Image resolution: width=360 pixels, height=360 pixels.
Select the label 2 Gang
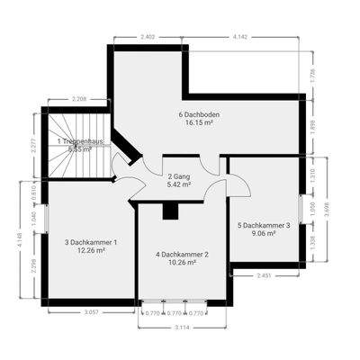(x=180, y=175)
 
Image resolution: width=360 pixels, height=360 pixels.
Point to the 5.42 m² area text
(x=180, y=184)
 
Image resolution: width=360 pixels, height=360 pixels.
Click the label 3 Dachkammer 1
(x=91, y=241)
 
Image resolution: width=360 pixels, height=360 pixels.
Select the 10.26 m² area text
(x=182, y=265)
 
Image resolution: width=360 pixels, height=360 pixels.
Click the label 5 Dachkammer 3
(x=264, y=225)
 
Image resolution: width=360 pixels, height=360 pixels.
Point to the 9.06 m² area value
(x=264, y=234)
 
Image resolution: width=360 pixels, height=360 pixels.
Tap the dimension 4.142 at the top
(x=240, y=37)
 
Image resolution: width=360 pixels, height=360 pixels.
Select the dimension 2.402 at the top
(x=148, y=37)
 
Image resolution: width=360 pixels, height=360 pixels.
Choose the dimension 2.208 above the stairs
(x=78, y=98)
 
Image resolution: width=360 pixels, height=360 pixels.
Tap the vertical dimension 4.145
(x=16, y=240)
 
